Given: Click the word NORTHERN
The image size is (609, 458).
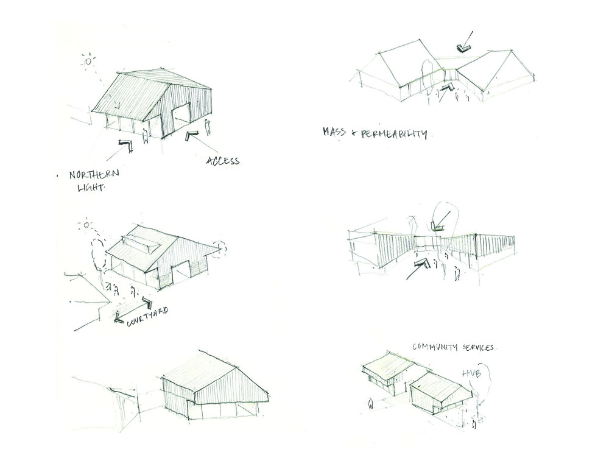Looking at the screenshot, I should point(94,175).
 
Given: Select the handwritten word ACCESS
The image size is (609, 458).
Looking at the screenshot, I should point(223,161).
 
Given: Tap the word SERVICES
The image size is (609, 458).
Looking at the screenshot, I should point(478,347).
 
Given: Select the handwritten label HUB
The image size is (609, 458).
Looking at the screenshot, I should point(472,372).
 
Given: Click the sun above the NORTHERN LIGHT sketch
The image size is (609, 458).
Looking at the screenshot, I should point(89,61).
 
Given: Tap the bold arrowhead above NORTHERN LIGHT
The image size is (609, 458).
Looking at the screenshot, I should point(128,145).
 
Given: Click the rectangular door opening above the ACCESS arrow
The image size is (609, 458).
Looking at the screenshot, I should point(180,118).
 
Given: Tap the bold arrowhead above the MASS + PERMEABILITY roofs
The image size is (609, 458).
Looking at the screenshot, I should point(466,46).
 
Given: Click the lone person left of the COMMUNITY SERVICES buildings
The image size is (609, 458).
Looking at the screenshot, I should point(371,403).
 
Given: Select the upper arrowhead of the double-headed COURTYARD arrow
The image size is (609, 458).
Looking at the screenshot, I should point(146,301).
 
